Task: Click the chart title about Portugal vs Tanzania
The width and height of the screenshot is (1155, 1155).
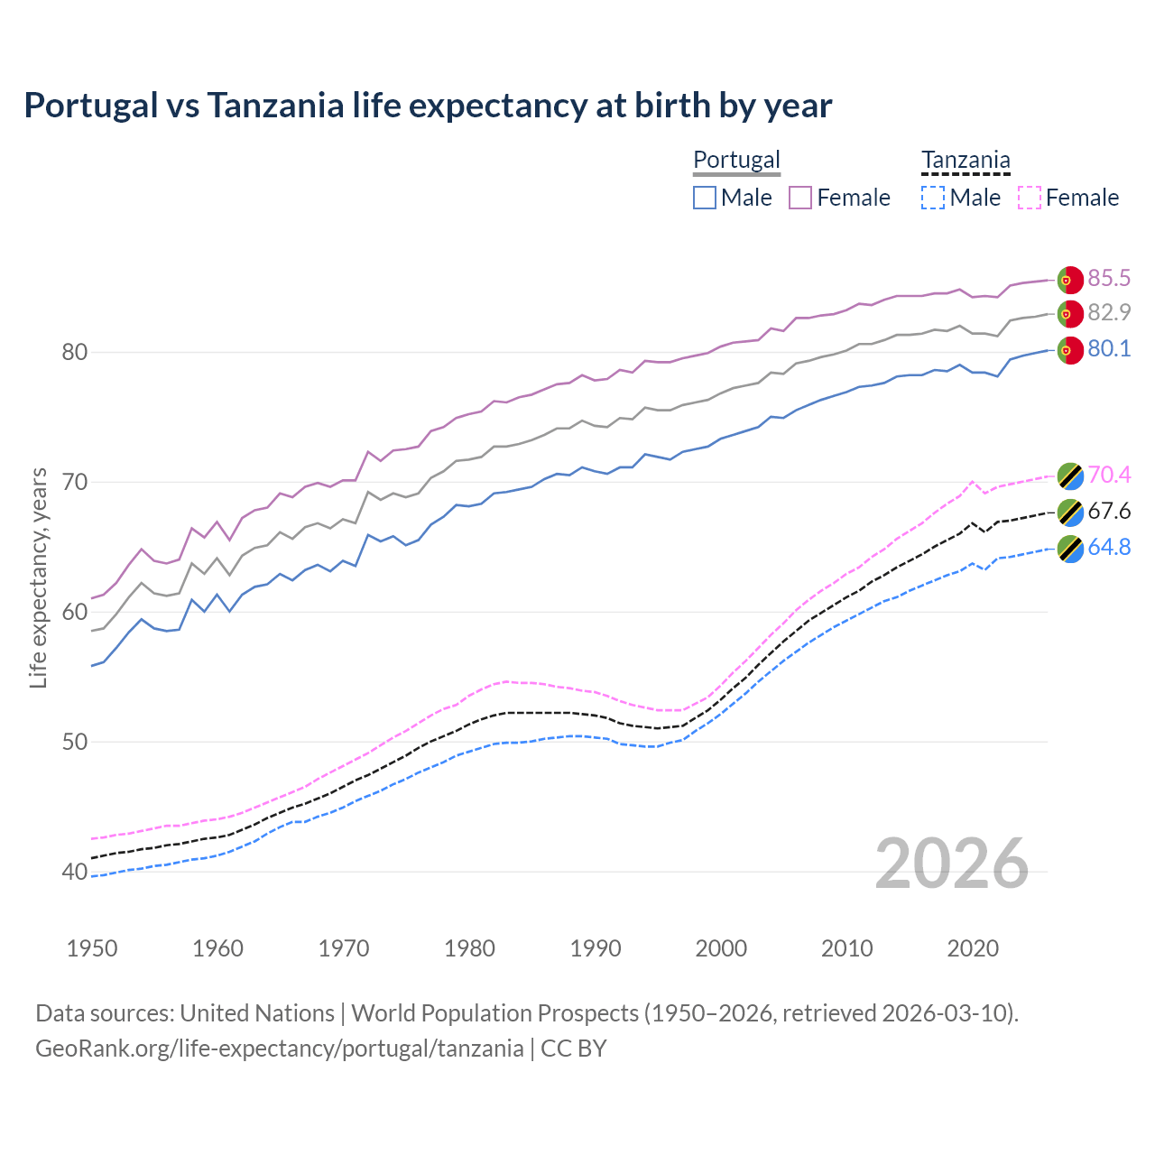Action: (428, 106)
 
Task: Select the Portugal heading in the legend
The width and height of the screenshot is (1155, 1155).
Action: (736, 160)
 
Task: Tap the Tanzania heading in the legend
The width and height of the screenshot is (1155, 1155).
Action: (966, 160)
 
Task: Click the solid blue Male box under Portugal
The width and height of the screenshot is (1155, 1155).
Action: (705, 198)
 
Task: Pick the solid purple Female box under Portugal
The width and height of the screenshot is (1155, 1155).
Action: (800, 198)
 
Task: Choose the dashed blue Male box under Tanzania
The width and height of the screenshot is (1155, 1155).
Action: (933, 198)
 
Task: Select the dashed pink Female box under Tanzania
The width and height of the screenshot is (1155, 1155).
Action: (1029, 198)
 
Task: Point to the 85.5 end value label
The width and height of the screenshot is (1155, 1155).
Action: (1109, 278)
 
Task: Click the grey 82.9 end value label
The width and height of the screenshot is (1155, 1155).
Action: (1109, 312)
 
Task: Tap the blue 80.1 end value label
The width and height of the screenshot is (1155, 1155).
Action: (1109, 348)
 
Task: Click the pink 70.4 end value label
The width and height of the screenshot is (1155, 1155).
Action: (1109, 475)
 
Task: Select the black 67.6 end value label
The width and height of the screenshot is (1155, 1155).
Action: (1109, 511)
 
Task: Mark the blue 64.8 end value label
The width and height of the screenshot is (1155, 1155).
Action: (1109, 547)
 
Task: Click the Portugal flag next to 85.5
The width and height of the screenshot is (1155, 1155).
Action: (1069, 280)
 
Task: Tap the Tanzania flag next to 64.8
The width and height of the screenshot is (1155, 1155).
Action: (1069, 549)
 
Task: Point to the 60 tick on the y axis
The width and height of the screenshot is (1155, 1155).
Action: (75, 612)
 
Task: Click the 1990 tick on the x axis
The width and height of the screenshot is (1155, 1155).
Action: (596, 948)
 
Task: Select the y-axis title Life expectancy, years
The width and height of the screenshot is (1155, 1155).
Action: (38, 577)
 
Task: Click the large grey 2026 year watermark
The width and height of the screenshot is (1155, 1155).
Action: (951, 864)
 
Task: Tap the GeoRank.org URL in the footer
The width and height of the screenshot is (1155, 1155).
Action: (280, 1049)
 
